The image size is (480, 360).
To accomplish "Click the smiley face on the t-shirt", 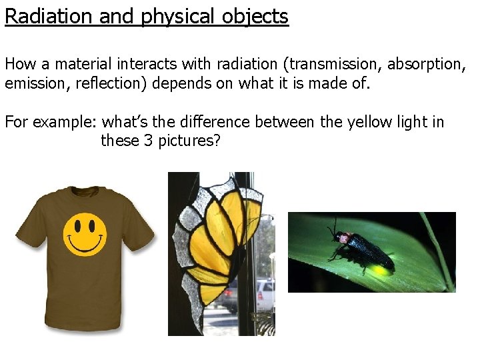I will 85,235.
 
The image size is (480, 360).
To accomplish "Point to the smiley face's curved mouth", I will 85,245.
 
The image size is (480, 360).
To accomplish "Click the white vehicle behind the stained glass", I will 265,294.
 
